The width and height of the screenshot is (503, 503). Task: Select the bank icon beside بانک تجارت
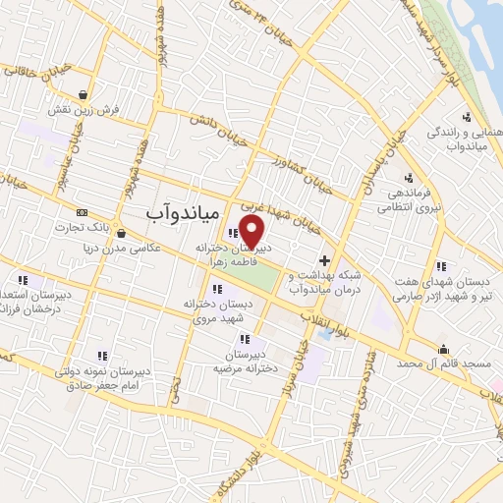tap(82, 211)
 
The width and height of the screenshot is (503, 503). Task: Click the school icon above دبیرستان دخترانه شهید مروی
tap(217, 289)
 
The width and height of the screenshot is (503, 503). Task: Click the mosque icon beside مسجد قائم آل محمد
tap(443, 348)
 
